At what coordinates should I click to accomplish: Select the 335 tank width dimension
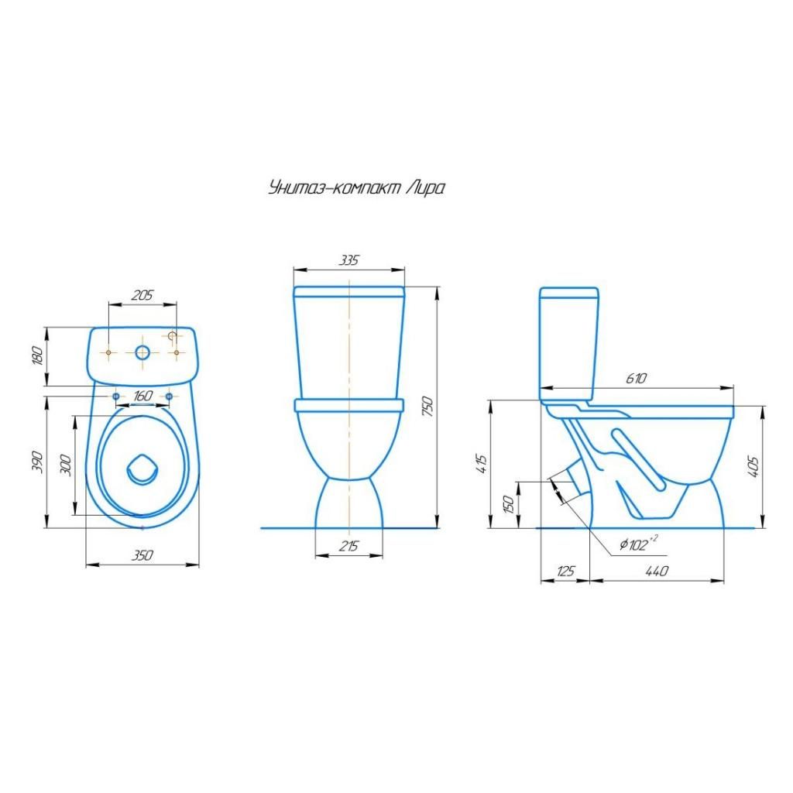(349, 260)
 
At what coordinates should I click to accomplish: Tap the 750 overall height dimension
(427, 407)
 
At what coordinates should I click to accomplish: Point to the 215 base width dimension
(349, 546)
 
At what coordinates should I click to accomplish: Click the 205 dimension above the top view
(142, 295)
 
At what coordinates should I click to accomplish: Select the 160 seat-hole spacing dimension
(142, 396)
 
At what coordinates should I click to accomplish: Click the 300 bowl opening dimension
(66, 465)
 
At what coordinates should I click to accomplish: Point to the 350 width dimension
(142, 555)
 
